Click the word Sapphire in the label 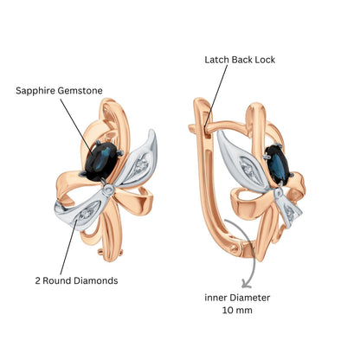click(x=35, y=91)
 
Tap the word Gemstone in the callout click(x=80, y=91)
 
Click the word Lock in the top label click(x=265, y=60)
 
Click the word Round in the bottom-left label click(x=58, y=280)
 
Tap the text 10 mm click(x=237, y=311)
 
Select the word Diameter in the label click(x=248, y=298)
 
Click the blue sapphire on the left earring click(x=101, y=162)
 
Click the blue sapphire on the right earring click(x=277, y=164)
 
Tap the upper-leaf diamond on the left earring click(x=141, y=164)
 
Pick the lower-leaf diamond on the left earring click(x=85, y=215)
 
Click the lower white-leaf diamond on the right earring click(x=290, y=215)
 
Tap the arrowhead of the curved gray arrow click(x=245, y=284)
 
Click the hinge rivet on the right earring click(x=235, y=248)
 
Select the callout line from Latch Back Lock click(x=215, y=96)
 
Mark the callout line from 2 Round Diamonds click(x=69, y=247)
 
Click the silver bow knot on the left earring click(x=108, y=190)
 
